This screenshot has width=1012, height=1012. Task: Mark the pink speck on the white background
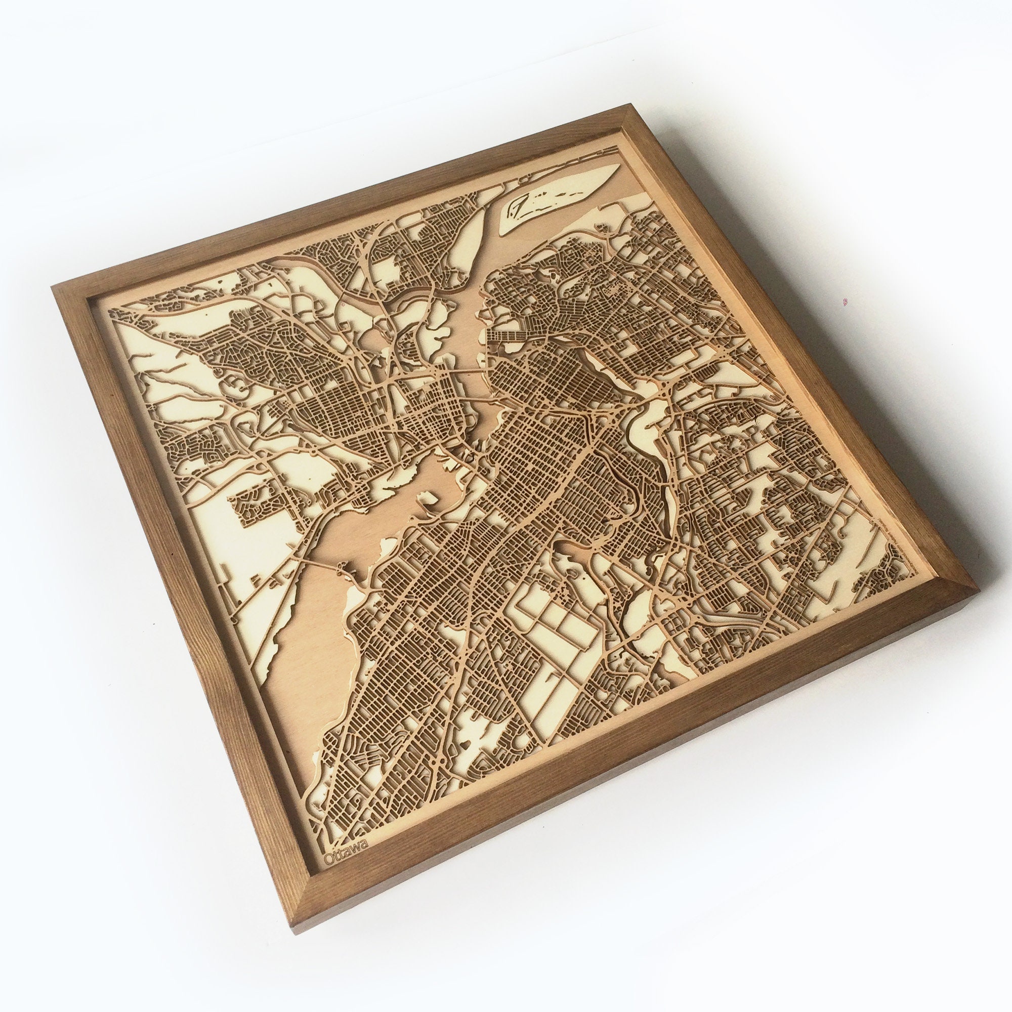[x=845, y=302]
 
